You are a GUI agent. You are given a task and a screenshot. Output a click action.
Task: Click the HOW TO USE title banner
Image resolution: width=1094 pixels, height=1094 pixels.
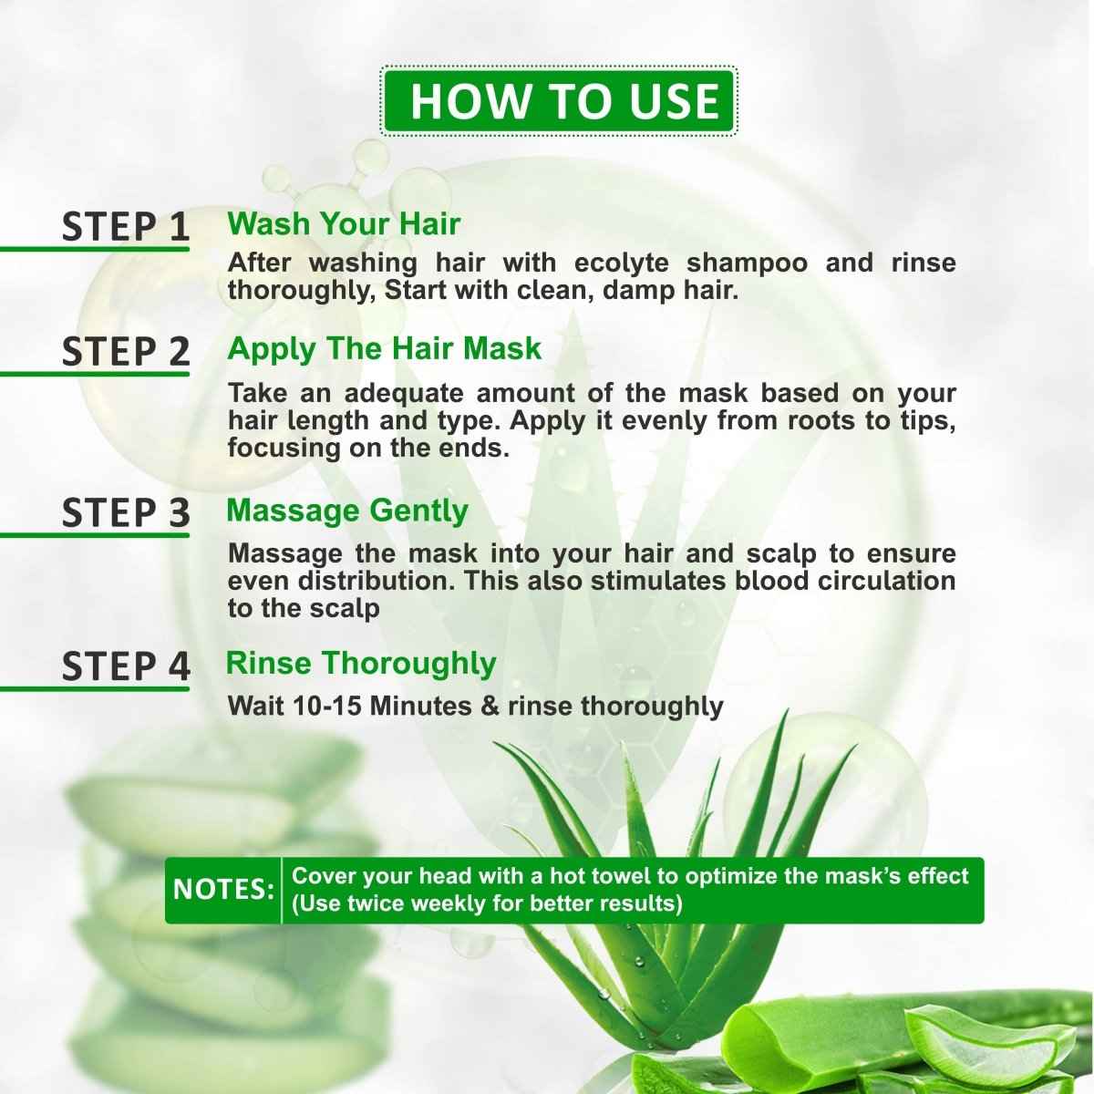pos(558,101)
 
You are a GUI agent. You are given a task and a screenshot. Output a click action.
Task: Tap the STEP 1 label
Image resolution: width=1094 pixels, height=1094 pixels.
pos(126,227)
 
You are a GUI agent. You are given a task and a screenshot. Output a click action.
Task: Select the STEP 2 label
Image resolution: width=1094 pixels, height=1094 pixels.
pos(126,352)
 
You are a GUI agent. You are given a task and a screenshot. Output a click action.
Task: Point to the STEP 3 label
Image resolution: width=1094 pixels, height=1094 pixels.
pos(126,513)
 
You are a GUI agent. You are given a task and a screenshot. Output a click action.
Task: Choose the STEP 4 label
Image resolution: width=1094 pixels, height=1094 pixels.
pos(126,666)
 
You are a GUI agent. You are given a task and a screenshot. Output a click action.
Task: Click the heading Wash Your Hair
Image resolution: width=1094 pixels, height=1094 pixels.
pos(344,224)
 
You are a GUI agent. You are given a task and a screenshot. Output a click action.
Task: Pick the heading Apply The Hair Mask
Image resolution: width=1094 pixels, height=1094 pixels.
pos(384,348)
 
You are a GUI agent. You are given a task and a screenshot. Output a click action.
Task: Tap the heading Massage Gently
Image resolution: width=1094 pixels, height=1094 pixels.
pos(346,511)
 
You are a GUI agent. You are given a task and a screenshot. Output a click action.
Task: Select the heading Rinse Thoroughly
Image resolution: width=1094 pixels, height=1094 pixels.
pos(360,663)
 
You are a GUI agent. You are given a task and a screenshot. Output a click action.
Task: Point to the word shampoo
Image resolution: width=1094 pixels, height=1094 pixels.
pos(747,263)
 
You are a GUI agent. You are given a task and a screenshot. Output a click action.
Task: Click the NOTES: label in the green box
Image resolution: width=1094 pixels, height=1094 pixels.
pos(223,890)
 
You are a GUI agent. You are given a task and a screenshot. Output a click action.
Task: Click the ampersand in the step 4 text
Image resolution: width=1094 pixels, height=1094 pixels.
pos(490,707)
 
